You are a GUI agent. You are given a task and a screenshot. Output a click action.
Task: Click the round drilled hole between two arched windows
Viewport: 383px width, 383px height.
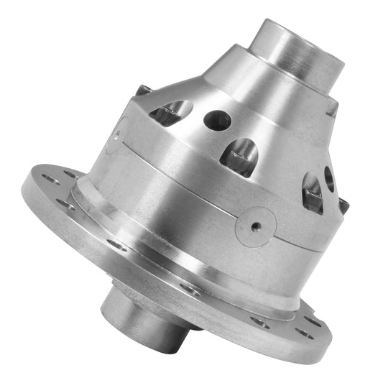pos(217,120)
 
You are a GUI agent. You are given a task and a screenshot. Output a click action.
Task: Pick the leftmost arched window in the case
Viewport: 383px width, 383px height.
pos(172,111)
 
